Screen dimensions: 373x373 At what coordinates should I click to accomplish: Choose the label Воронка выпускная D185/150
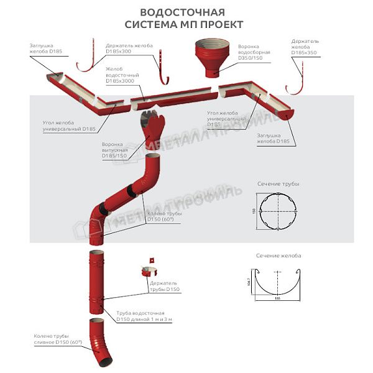click(x=115, y=150)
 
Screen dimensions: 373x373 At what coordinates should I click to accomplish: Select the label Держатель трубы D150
click(x=165, y=287)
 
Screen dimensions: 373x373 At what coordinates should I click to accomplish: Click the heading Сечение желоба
click(x=278, y=256)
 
